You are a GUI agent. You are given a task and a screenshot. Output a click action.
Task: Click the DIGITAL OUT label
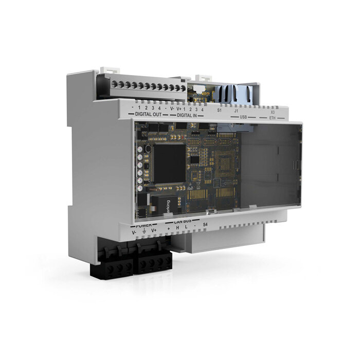pos(148,114)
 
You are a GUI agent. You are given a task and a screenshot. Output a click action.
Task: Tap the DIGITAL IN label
pos(187,115)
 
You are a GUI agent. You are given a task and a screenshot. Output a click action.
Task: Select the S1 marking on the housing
pos(219,110)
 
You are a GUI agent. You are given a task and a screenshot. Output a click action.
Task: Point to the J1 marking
pos(236,111)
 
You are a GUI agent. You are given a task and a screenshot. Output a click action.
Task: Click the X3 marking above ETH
pos(273,112)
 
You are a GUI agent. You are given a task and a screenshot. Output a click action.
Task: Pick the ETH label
pos(273,118)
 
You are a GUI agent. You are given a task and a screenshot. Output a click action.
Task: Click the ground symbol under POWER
pos(144,232)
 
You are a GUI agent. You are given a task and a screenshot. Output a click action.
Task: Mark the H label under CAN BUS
pos(177,228)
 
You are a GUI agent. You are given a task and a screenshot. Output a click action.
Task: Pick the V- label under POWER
pos(134,233)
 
